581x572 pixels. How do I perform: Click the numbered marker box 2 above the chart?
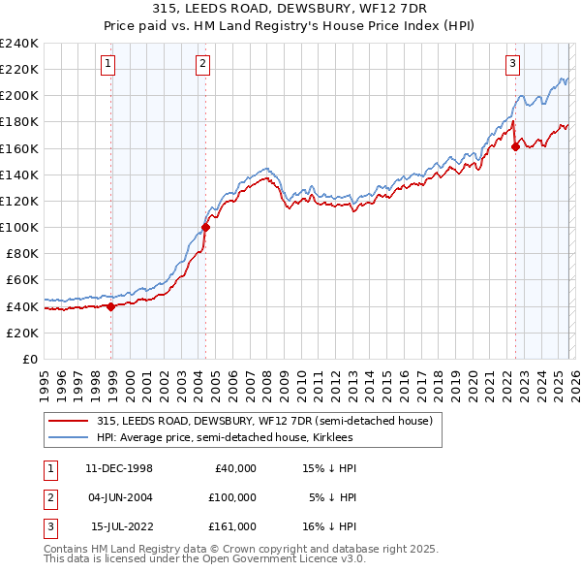tap(202, 65)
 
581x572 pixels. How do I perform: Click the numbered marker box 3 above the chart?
tap(511, 65)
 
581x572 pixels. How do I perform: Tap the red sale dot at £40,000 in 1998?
tap(111, 306)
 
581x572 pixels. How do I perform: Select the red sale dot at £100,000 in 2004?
tap(205, 228)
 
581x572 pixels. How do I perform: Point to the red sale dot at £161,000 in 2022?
tap(515, 147)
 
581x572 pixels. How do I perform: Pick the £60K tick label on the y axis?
tap(22, 280)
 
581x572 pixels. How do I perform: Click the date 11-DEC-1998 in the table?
tap(118, 467)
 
